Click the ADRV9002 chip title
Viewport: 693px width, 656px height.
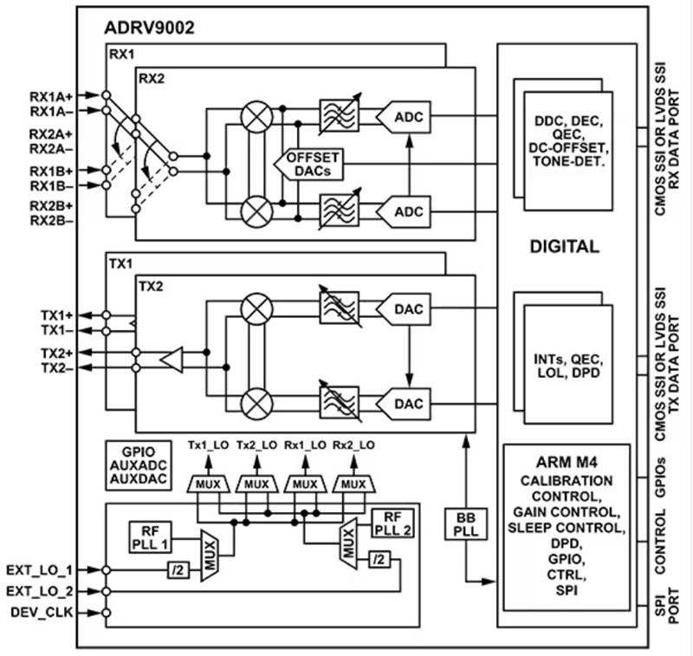(x=149, y=28)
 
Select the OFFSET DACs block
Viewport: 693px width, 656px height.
(x=309, y=164)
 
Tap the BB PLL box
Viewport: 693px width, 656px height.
(x=466, y=524)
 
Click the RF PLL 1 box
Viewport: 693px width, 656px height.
(x=150, y=537)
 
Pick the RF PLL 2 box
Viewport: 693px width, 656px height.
(x=393, y=523)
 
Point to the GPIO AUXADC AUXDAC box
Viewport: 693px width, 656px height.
(x=139, y=465)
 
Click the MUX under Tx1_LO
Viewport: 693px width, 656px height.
(x=208, y=484)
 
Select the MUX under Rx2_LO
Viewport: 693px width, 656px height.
(x=353, y=484)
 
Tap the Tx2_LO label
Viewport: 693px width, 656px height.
(x=256, y=445)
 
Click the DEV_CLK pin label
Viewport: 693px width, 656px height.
(x=42, y=613)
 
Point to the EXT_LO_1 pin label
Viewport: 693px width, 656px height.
(x=39, y=570)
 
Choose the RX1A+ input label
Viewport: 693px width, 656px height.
(x=51, y=95)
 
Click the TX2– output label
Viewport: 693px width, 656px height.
(x=57, y=367)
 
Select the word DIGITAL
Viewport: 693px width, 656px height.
(x=565, y=246)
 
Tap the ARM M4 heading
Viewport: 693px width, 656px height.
(x=567, y=463)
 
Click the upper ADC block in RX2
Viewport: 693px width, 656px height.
(x=403, y=117)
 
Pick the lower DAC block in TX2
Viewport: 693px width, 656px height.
(x=403, y=404)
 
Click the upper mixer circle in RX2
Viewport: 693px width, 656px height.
(x=256, y=117)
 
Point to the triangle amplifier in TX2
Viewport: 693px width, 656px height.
(x=172, y=360)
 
